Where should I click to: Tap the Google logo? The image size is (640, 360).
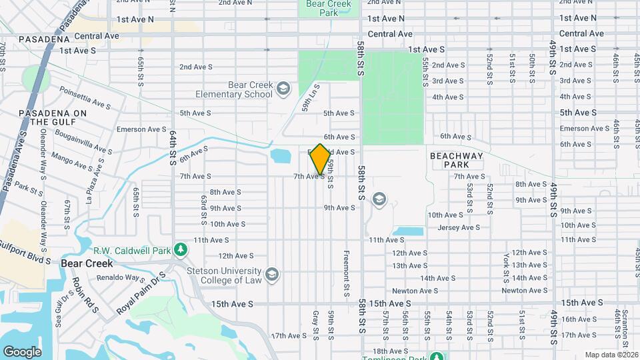click(x=22, y=351)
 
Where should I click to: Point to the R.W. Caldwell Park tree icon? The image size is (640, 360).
click(x=179, y=250)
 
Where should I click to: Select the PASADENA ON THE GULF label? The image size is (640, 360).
click(x=53, y=117)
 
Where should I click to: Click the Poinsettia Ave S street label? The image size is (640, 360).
click(x=85, y=100)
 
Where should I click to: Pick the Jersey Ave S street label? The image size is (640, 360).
click(x=459, y=227)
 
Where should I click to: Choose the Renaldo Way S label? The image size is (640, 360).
click(x=121, y=277)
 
